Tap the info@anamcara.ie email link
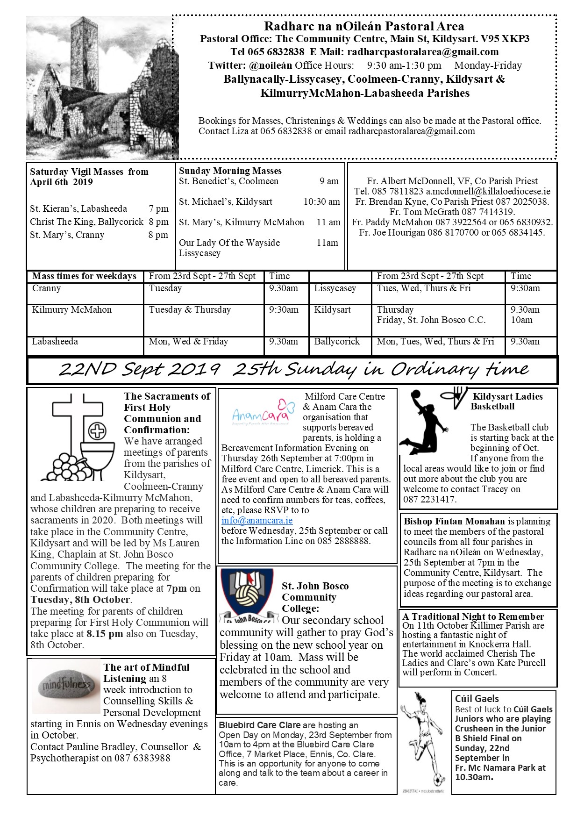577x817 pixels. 257,520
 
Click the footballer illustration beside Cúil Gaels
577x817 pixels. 423,741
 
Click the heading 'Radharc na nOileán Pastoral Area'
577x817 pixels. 364,26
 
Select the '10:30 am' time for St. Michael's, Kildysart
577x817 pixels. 321,202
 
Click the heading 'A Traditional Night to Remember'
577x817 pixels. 473,616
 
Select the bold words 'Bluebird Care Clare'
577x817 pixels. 260,725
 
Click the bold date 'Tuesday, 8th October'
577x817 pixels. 80,600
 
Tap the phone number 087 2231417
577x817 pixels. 430,499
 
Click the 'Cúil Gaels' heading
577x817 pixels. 477,699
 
